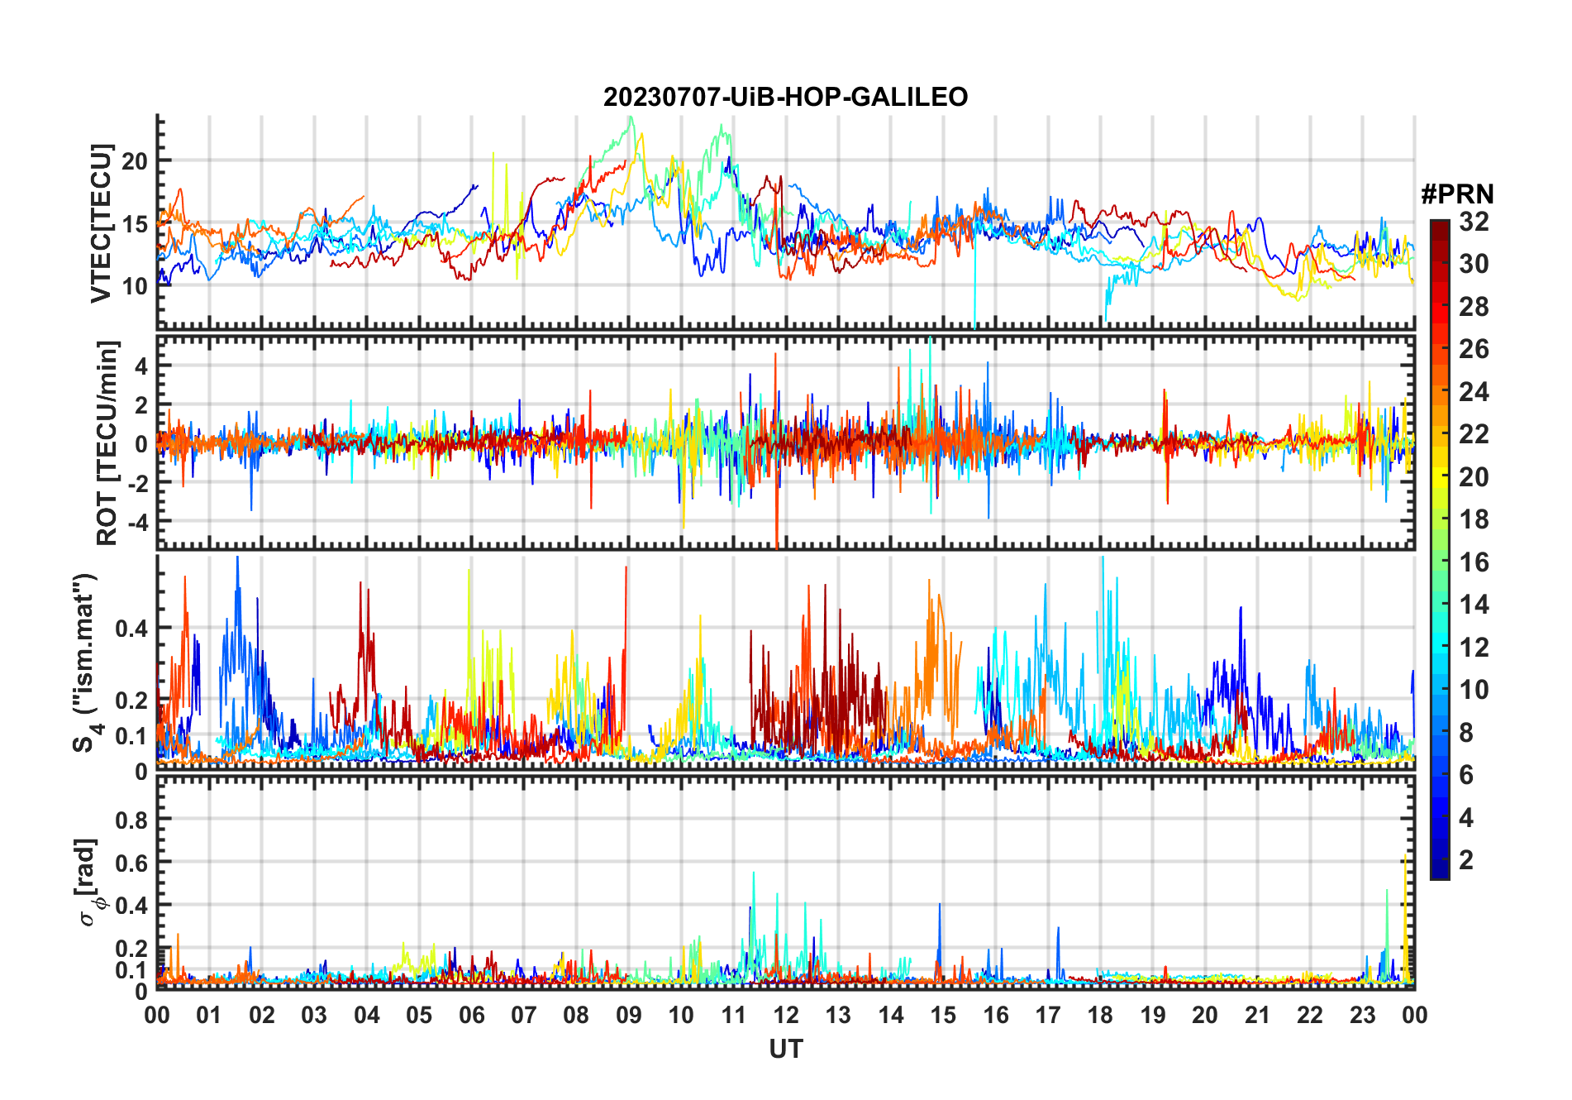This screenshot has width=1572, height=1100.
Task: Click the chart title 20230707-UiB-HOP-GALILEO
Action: tap(785, 97)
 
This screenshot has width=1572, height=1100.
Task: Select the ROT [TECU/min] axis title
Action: tap(107, 442)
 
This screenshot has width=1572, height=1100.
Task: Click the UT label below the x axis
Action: tap(785, 1049)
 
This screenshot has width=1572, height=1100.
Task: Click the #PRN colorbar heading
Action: tap(1457, 194)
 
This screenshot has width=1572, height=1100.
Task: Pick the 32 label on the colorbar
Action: tap(1474, 222)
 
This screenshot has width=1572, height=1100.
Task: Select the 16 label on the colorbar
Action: tap(1474, 562)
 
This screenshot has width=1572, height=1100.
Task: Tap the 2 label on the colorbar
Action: tap(1466, 860)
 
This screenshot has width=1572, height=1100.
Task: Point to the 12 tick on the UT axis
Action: tap(785, 1015)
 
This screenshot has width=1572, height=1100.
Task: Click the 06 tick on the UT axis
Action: tap(471, 1015)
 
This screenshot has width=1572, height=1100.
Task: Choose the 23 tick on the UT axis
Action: tap(1362, 1015)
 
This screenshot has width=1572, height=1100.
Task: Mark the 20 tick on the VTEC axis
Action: tap(135, 161)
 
